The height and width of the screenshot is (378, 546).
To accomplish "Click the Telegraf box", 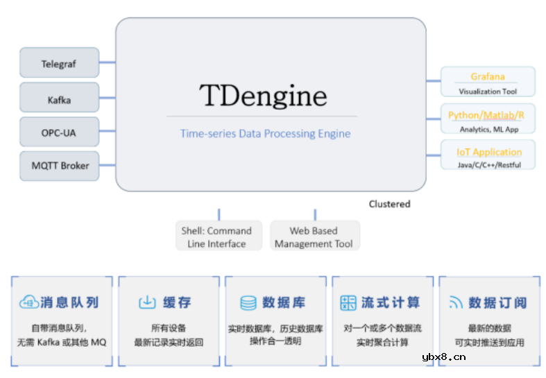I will (x=59, y=63).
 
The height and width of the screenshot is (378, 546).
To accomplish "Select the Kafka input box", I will (x=59, y=98).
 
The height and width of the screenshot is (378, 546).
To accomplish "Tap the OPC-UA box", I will (x=59, y=132).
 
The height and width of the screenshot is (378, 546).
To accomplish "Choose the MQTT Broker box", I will (x=60, y=166).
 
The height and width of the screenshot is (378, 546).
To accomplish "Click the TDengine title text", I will (x=262, y=95).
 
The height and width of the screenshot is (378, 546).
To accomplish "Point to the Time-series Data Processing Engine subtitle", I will (x=265, y=133).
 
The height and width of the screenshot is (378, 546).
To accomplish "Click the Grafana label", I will (x=488, y=76).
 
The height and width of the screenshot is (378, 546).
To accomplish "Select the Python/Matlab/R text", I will (x=486, y=115).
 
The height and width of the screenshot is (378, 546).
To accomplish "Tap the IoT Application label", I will (x=488, y=152).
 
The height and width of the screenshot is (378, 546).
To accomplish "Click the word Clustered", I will (x=389, y=204).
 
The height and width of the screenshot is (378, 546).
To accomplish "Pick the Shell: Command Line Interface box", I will (x=216, y=237).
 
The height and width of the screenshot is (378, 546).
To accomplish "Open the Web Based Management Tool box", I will (x=314, y=237).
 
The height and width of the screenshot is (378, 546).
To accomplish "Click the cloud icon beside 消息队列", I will (x=28, y=302).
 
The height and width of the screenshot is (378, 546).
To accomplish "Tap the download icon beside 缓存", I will (x=147, y=302).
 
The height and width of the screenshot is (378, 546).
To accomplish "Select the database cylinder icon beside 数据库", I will (x=248, y=302).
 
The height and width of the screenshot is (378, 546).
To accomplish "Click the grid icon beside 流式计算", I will (x=348, y=302).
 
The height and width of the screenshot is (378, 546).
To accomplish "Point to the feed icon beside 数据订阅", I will (x=456, y=302).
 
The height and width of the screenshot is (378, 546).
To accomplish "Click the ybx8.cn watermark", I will (x=443, y=358).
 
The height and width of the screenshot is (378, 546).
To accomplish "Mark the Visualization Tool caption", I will (x=488, y=91).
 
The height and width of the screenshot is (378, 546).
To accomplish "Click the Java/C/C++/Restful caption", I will (x=488, y=165).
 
